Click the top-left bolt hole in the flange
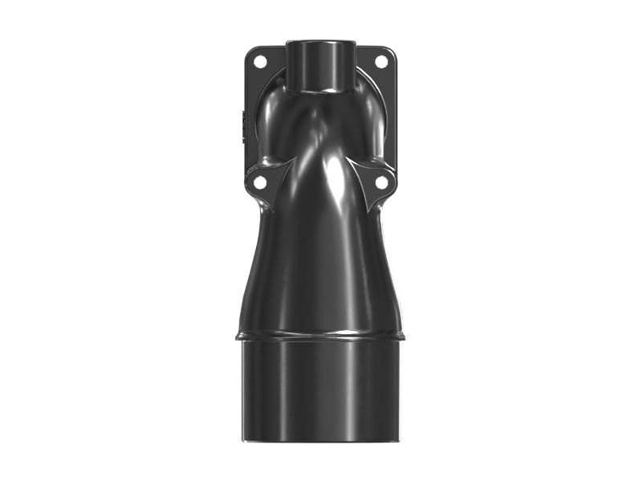[x=260, y=61]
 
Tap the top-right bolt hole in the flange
[x=381, y=61]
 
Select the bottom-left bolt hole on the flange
[x=260, y=182]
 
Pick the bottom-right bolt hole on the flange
[x=382, y=182]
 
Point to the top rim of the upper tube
[x=320, y=40]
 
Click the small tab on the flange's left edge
[x=240, y=125]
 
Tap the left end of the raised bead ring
[x=238, y=333]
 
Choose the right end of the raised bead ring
[x=403, y=333]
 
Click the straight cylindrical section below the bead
[x=320, y=390]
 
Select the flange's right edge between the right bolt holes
[x=395, y=120]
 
